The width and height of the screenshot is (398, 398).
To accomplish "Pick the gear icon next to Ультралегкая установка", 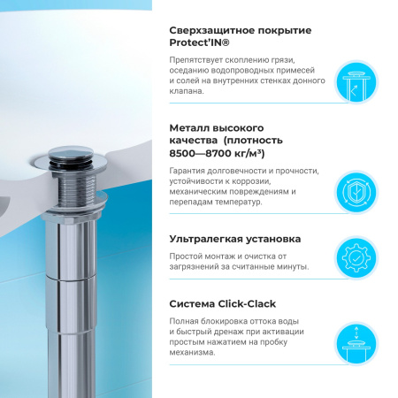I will click(361, 257).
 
